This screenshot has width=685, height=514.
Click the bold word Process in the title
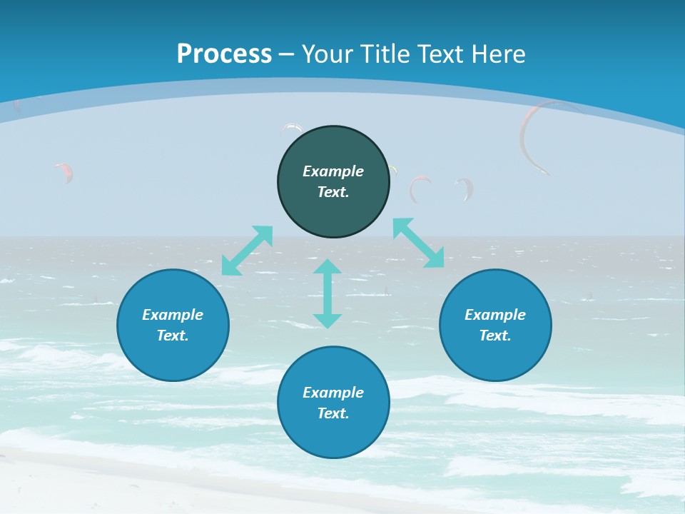coord(224,54)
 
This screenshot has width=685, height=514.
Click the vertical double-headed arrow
coord(328,294)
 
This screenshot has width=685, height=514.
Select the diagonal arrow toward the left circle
coord(248,251)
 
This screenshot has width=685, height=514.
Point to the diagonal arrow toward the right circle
coord(418,243)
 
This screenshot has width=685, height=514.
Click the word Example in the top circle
coord(333,171)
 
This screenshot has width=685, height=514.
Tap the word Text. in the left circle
coord(173,336)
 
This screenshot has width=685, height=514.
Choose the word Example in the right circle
coord(495,315)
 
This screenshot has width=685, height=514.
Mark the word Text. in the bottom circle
coord(333,413)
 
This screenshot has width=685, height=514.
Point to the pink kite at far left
coord(64,171)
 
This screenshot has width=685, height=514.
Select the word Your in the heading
coord(328,54)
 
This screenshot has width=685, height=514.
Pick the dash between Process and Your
coord(287,54)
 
